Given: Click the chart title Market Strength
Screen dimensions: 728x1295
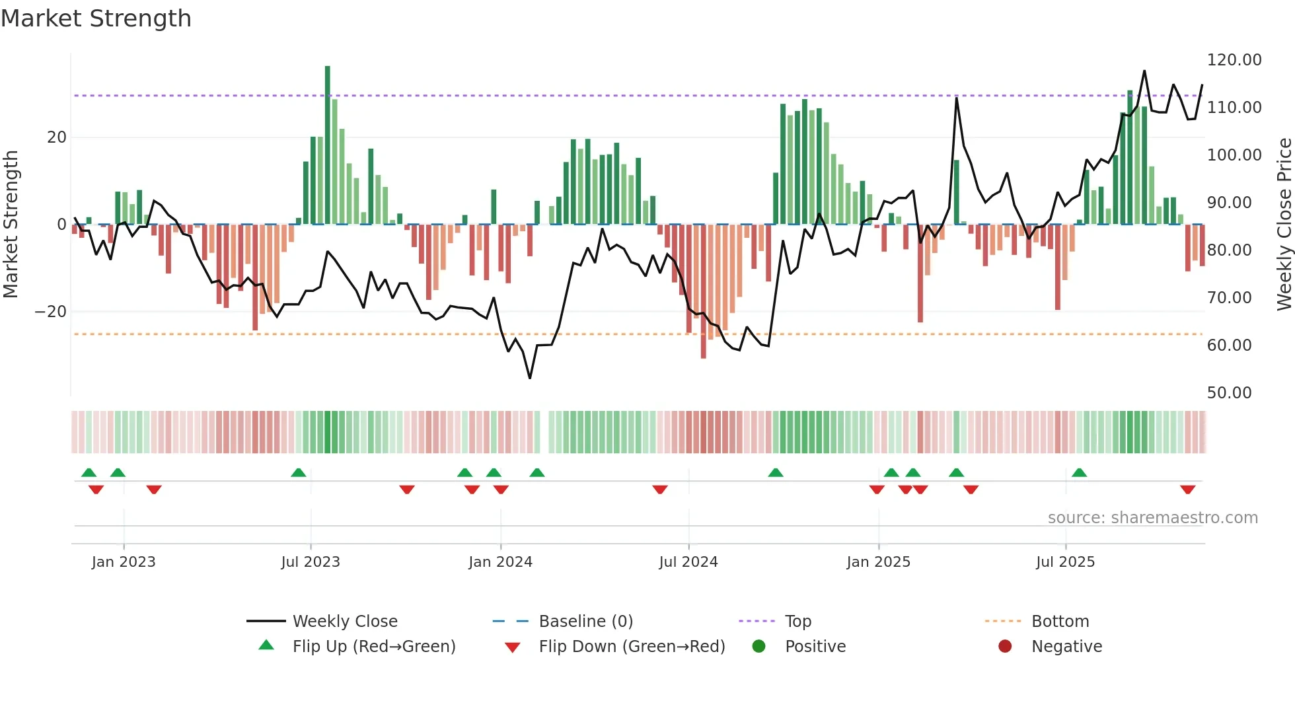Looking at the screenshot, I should (x=96, y=18).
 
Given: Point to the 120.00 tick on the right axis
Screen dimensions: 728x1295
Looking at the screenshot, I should (x=1234, y=60).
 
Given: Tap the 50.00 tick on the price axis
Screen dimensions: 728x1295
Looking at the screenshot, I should (x=1229, y=393).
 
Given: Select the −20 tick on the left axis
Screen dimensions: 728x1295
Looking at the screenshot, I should (x=51, y=312).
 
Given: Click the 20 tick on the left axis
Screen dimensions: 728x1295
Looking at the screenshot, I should (x=57, y=137).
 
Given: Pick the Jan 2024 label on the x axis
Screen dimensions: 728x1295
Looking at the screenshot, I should (x=500, y=562).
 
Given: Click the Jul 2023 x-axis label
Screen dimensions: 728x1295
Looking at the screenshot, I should (x=310, y=562).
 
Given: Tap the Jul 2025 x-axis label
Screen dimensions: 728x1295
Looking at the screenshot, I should (x=1065, y=562).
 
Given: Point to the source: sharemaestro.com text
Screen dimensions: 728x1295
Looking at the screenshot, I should (x=1152, y=518).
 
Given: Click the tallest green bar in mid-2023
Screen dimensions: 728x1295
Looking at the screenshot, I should (x=327, y=145).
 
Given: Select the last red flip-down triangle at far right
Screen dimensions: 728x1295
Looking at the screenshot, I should (x=1187, y=490).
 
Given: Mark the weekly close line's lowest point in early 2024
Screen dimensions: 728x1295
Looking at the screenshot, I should (x=530, y=378).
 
